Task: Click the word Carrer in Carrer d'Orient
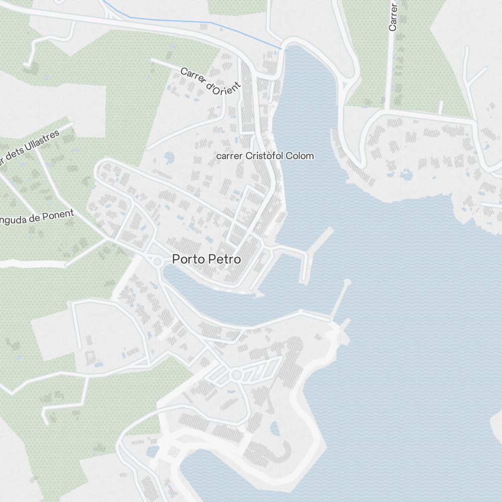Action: [193, 76]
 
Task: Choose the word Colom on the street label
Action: [300, 156]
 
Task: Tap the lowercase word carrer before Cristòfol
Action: [229, 156]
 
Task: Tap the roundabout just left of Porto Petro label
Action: [157, 261]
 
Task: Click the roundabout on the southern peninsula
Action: [236, 374]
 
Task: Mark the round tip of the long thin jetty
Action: [347, 282]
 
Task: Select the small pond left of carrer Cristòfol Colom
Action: [169, 158]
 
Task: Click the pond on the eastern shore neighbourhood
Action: [406, 175]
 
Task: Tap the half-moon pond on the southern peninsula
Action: [275, 429]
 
